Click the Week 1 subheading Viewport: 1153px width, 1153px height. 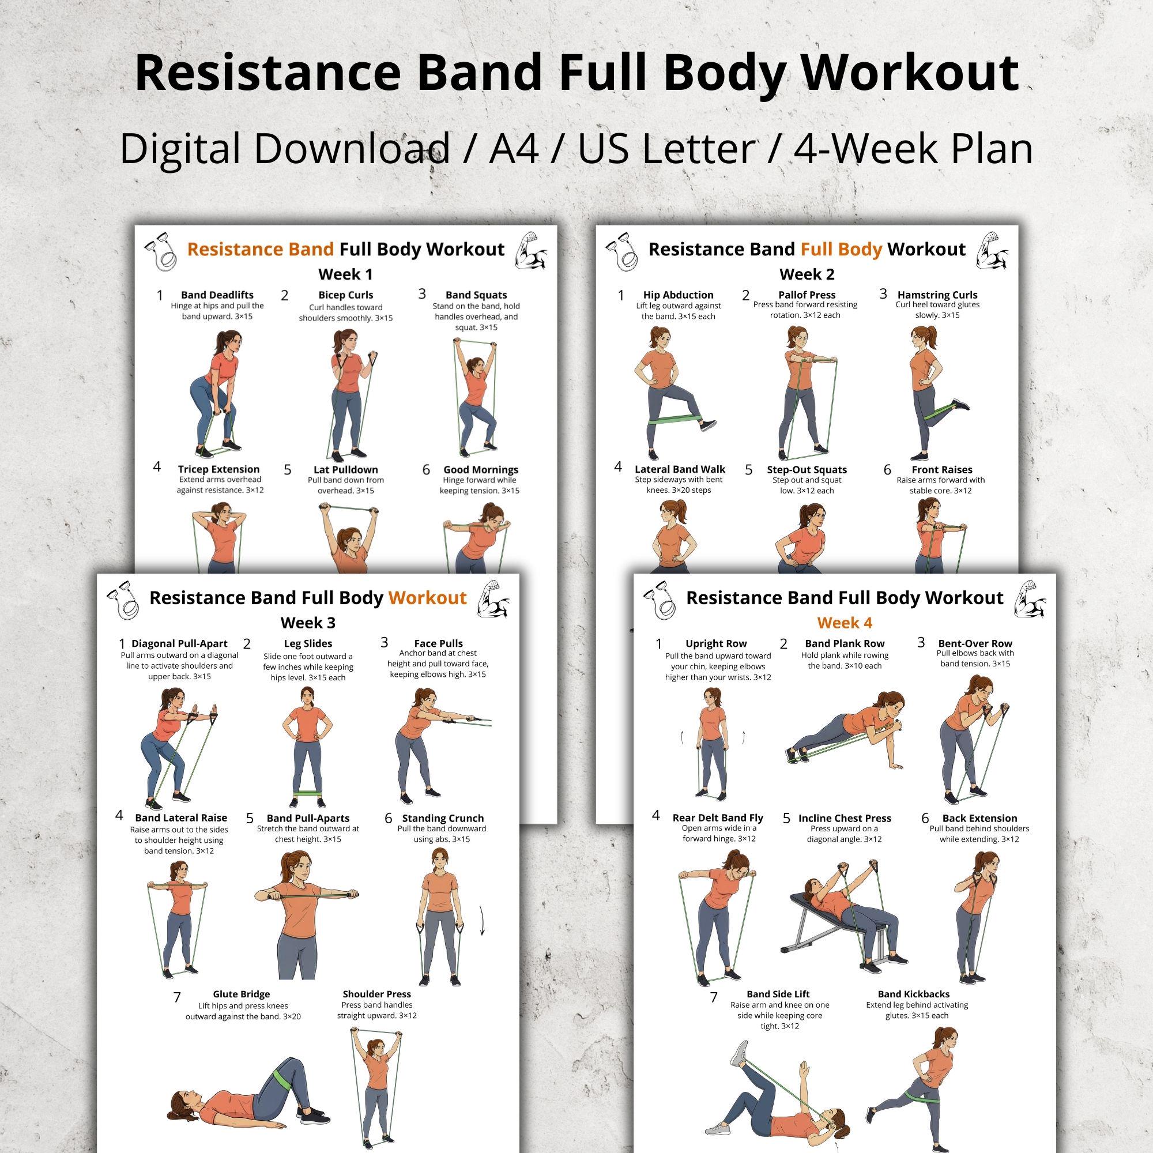tap(345, 274)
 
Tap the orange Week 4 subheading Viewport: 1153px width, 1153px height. tap(845, 623)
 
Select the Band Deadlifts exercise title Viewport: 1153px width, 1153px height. tap(217, 295)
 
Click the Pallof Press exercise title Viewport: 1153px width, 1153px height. tap(807, 295)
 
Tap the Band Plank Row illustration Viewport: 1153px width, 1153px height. tap(842, 730)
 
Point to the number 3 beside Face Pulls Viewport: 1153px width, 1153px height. tap(385, 642)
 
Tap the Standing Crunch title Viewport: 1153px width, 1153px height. tap(443, 818)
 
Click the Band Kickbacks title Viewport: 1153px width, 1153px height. tap(914, 994)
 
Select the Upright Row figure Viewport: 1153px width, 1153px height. tap(713, 743)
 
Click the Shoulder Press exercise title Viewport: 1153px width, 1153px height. tap(376, 994)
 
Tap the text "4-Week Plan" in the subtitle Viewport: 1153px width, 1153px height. tap(913, 149)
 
